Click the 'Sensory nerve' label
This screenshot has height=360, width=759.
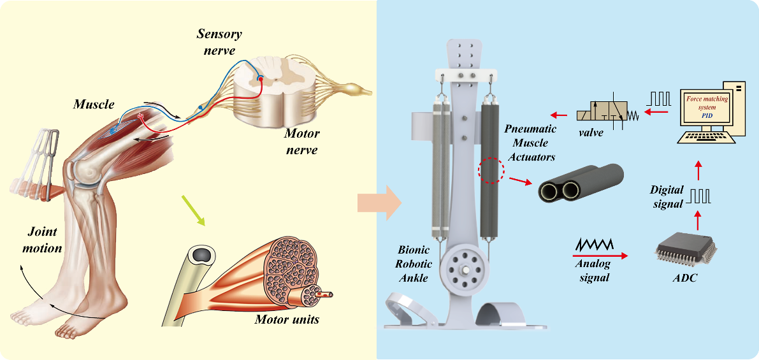(x=219, y=41)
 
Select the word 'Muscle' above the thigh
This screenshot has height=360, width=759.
(x=94, y=104)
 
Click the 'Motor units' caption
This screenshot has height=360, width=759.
(x=287, y=320)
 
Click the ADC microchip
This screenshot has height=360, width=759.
(x=684, y=249)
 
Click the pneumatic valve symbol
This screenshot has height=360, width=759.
(x=605, y=115)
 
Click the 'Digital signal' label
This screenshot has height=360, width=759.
(x=667, y=196)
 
